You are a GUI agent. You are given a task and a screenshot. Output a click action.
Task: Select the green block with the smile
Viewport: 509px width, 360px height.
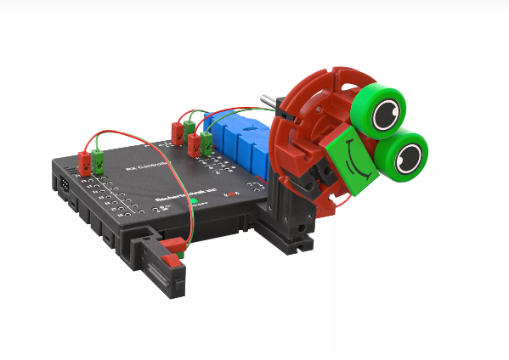coord(352,166)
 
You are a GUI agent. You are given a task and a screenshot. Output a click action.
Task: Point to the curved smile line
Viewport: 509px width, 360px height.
coord(360,169)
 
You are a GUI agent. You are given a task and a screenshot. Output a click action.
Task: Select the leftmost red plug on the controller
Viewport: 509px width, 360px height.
coord(85,161)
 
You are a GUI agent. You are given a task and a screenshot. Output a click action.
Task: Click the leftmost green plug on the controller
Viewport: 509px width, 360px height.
coord(99,159)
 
